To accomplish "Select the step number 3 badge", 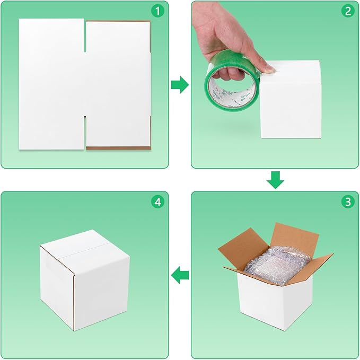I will click(347, 202).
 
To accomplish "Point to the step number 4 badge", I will click(156, 202).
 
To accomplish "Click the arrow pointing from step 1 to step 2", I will click(180, 84).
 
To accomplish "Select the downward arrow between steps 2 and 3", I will click(275, 180).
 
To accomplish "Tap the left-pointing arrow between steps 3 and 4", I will click(180, 275).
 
